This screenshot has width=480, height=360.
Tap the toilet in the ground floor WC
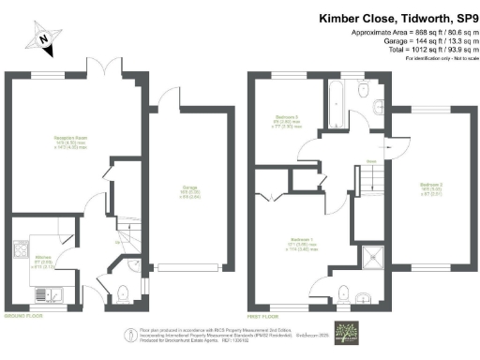pyautogui.click(x=126, y=292)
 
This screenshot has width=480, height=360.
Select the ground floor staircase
pyautogui.click(x=125, y=242)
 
